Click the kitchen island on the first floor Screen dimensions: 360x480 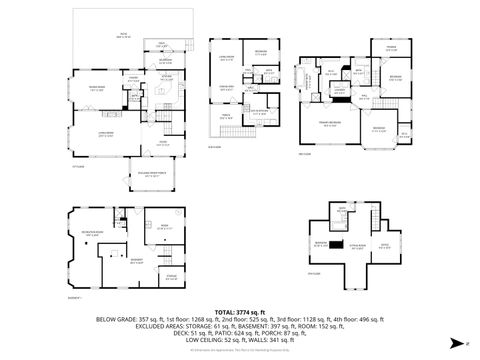click(159, 92)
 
